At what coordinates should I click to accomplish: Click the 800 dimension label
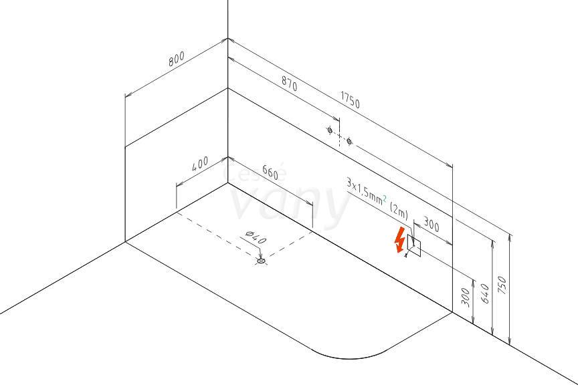point(176,59)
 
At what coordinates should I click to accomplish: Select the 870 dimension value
point(290,84)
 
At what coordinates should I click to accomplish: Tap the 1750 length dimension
point(350,100)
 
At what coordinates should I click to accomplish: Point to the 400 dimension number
point(200,164)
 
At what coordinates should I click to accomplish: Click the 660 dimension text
point(270,172)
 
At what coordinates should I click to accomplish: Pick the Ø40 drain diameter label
point(256,237)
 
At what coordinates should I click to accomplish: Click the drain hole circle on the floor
point(261,261)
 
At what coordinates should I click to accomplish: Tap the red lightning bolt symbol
point(399,240)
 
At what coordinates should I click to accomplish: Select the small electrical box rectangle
point(413,245)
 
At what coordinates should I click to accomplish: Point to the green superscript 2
point(385,199)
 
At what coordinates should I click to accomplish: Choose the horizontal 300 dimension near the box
point(431,224)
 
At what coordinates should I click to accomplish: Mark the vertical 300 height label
point(466,297)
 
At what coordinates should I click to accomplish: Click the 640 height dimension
point(485,293)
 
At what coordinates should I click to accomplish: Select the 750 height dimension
point(502,285)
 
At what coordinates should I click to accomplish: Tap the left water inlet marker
point(330,130)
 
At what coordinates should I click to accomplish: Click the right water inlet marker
point(349,142)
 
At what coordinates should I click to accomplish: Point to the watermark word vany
point(290,203)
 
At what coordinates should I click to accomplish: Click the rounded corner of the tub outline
point(349,358)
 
